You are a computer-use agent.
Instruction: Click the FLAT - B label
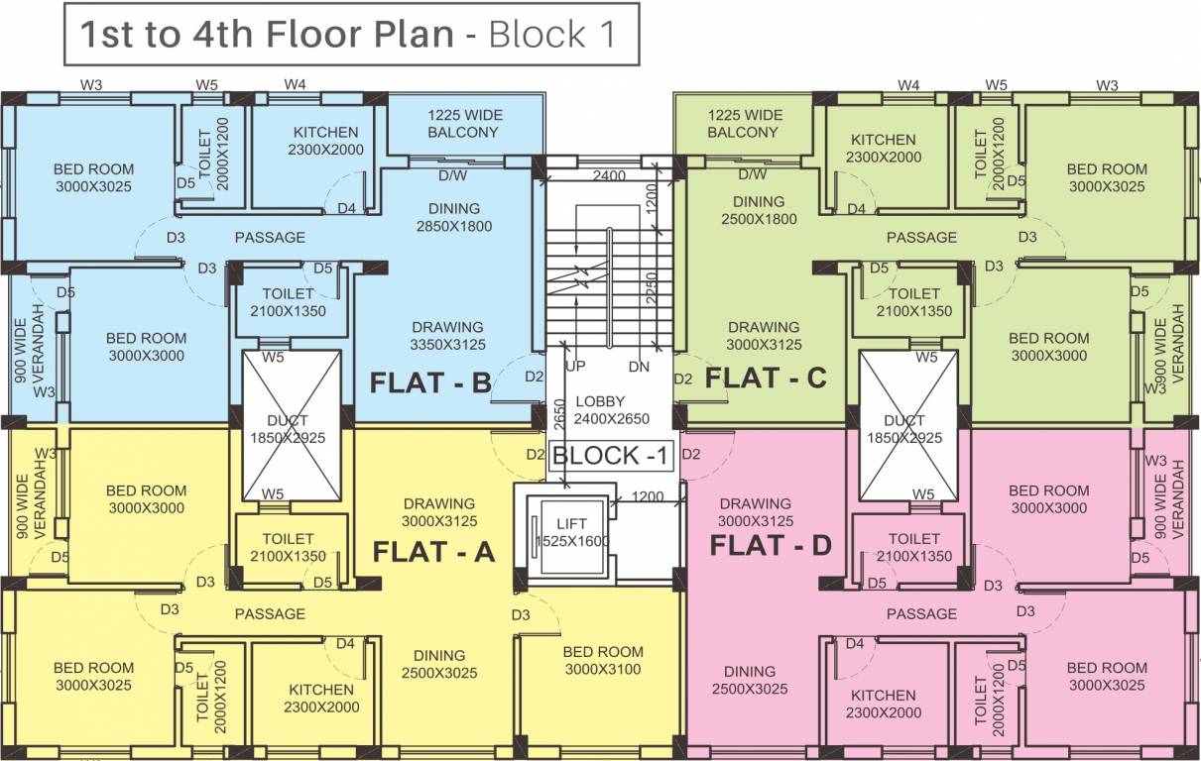click(x=430, y=383)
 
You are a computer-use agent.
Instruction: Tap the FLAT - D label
click(x=771, y=545)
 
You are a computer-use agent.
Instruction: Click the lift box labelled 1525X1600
click(x=569, y=532)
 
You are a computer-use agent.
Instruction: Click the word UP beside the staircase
click(x=575, y=367)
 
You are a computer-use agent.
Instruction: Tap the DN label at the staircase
click(x=639, y=367)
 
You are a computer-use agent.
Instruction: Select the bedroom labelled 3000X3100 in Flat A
click(x=602, y=660)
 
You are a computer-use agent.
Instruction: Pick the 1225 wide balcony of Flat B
click(x=464, y=124)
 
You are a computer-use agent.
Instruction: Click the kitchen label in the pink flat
click(x=883, y=704)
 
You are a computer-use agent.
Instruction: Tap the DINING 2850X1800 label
click(x=454, y=217)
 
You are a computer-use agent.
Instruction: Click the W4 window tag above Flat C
click(x=908, y=85)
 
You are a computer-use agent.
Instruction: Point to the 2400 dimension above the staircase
click(x=610, y=176)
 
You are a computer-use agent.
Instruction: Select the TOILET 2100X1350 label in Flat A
click(x=289, y=547)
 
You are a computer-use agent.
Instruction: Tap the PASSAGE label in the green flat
click(x=921, y=237)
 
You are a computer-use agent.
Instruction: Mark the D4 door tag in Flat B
click(x=346, y=208)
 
